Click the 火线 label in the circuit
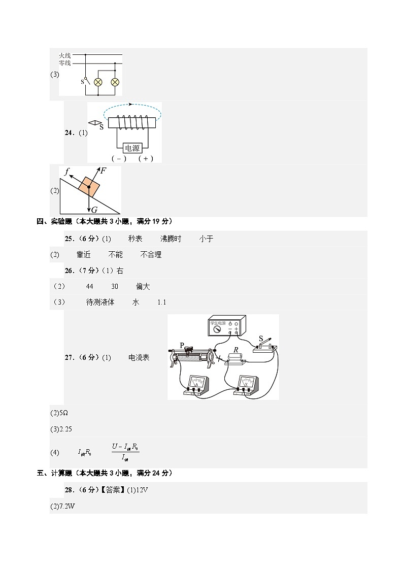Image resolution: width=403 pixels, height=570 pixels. coord(64,55)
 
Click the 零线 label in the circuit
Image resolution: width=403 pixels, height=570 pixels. coord(64,62)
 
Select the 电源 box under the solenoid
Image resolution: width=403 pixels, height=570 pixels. coord(132,148)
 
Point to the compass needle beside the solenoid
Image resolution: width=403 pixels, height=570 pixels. coord(94,123)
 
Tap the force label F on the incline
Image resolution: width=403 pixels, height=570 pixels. coord(103,171)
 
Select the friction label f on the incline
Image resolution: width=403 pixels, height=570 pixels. coord(66,172)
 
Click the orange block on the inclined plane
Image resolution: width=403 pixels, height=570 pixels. coord(89,187)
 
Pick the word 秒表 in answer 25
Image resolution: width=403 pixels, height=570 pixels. coord(135,239)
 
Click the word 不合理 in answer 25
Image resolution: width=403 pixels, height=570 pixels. coord(151,255)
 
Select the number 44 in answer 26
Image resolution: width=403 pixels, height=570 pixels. coord(90,287)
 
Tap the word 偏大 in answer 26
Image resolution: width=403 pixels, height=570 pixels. coord(143,287)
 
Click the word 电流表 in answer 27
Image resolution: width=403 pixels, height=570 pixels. coord(139,358)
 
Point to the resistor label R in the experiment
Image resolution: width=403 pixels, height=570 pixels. coord(236,350)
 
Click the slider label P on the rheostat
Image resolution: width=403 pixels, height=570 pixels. coord(182,345)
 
